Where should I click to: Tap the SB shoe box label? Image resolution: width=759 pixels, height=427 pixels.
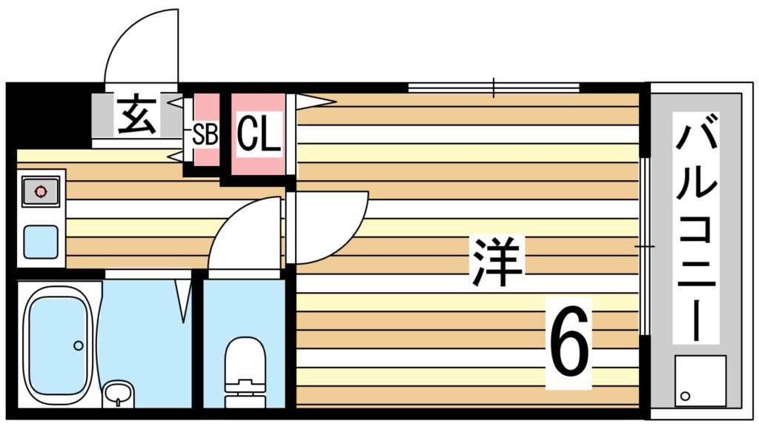(205, 134)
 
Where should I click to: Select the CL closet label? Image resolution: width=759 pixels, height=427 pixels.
(259, 134)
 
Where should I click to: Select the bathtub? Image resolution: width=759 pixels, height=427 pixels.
(58, 345)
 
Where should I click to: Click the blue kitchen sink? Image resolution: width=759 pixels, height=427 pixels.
(41, 242)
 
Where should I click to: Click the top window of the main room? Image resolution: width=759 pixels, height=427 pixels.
(493, 87)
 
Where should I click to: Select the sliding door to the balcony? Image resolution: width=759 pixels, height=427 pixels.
(643, 245)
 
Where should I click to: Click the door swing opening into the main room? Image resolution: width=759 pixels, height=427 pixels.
(326, 226)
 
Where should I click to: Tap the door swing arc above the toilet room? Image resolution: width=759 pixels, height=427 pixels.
(245, 234)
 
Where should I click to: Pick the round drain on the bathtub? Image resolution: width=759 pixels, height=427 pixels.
(78, 345)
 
